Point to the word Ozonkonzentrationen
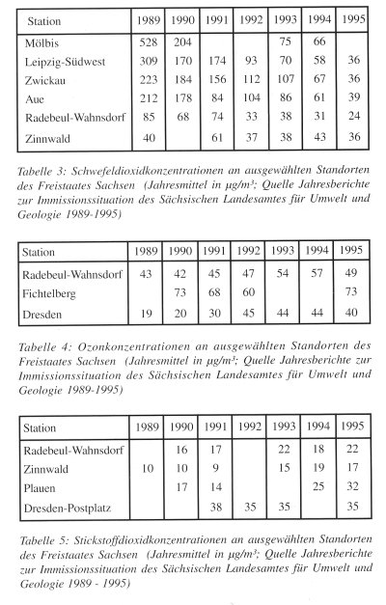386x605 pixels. (x=120, y=344)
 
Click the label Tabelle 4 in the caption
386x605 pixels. (x=41, y=344)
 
